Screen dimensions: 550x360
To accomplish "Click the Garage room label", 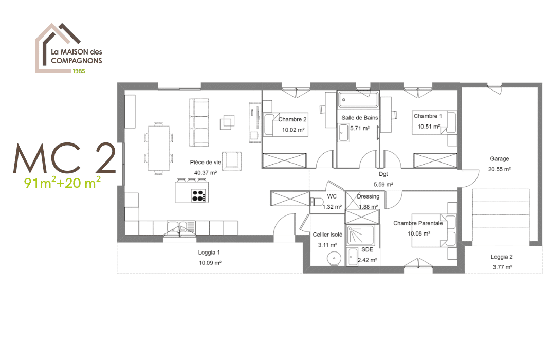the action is (x=499, y=158).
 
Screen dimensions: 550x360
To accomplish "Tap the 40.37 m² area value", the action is (x=205, y=173).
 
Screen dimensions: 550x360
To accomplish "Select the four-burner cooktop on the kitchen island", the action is (x=198, y=196).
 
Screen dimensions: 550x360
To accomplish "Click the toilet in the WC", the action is (x=317, y=202).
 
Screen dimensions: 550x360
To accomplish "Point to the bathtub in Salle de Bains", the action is (x=358, y=100).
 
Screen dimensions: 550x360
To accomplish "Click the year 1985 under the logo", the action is (x=79, y=71).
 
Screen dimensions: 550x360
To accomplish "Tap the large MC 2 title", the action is (x=65, y=158).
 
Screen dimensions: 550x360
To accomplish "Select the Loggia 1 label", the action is (x=209, y=253).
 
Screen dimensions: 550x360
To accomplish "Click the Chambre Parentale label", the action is (x=418, y=223).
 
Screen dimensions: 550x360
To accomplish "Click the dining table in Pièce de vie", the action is (x=158, y=148).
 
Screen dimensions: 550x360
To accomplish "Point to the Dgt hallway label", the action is (x=383, y=174).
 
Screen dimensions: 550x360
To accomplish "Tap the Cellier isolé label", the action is (x=327, y=235).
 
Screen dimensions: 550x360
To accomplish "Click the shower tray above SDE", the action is (x=361, y=235).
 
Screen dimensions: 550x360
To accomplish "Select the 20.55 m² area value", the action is (x=499, y=169).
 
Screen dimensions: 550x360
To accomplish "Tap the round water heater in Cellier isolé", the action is (x=334, y=259).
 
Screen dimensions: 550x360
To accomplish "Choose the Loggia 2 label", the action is (x=502, y=257).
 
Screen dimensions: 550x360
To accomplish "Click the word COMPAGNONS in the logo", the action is (x=77, y=60).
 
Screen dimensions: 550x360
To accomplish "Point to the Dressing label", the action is (x=368, y=196).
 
